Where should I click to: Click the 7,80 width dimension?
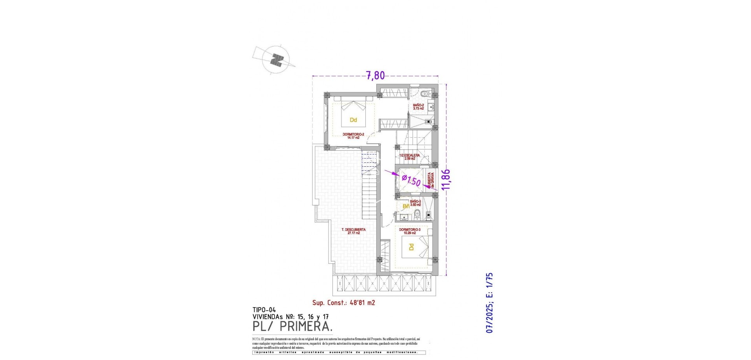click(375, 75)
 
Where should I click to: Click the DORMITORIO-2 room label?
click(353, 135)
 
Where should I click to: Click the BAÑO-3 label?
click(415, 203)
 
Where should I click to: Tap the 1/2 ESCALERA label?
click(409, 157)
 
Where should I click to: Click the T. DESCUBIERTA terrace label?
click(353, 231)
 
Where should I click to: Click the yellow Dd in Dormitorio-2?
click(353, 120)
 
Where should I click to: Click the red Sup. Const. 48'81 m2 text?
click(343, 302)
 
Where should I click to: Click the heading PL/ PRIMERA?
click(293, 326)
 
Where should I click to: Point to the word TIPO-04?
click(264, 310)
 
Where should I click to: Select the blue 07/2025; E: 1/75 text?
click(489, 303)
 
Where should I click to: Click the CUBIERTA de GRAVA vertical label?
click(431, 181)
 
